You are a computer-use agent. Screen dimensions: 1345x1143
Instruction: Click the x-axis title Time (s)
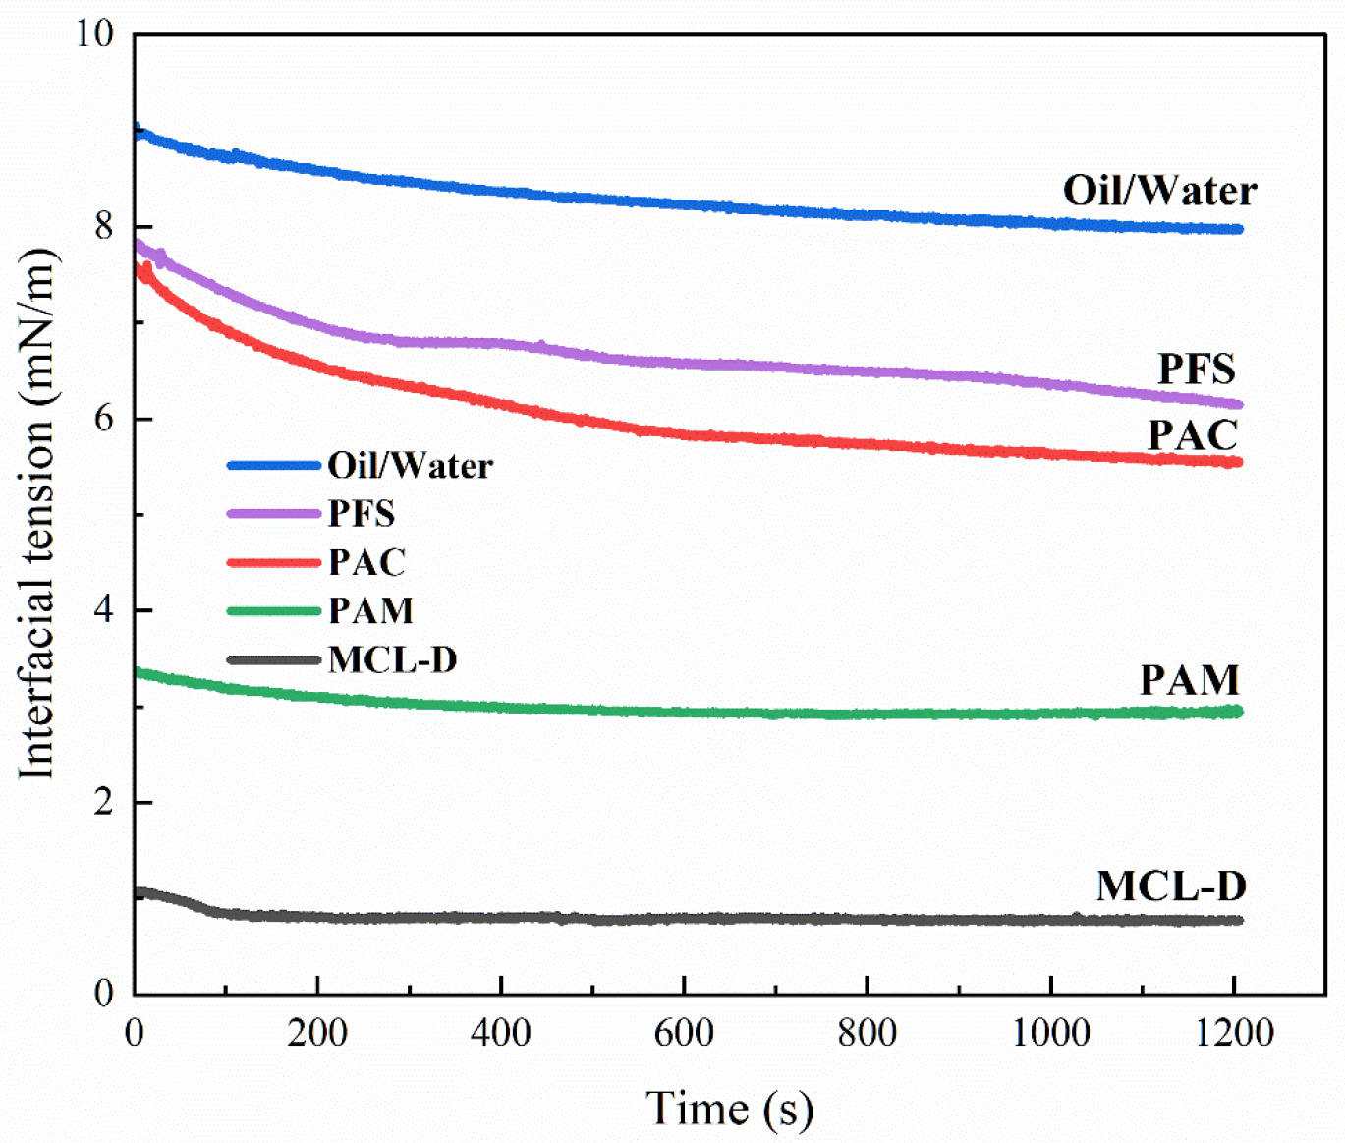(729, 1108)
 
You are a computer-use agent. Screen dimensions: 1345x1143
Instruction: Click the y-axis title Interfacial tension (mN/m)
(37, 513)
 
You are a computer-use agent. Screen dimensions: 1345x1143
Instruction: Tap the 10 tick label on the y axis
(94, 32)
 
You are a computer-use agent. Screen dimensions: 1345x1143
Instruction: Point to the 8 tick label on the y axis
(104, 225)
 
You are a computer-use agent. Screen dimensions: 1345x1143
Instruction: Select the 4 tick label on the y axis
(104, 610)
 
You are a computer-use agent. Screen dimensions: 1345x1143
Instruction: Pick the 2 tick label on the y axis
(104, 802)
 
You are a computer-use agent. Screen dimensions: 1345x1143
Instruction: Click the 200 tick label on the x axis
(317, 1032)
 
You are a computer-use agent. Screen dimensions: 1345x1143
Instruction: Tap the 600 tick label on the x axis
(684, 1032)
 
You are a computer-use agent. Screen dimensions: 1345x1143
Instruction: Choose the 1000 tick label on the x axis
(1051, 1032)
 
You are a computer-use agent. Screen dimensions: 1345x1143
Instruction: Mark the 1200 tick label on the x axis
(1234, 1032)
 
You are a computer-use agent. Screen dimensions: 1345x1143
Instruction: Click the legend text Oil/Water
(411, 466)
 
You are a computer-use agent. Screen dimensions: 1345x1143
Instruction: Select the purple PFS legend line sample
(274, 514)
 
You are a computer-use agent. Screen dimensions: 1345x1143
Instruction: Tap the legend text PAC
(367, 562)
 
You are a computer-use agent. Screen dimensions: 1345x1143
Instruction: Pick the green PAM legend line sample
(274, 610)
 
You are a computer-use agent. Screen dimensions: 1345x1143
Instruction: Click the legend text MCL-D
(393, 659)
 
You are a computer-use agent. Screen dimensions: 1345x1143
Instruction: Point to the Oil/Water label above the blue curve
(1159, 192)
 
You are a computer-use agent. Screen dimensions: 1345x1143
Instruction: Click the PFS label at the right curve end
(1196, 370)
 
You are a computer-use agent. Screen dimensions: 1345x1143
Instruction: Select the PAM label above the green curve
(1190, 680)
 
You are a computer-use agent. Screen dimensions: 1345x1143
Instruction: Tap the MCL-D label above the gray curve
(1171, 886)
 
